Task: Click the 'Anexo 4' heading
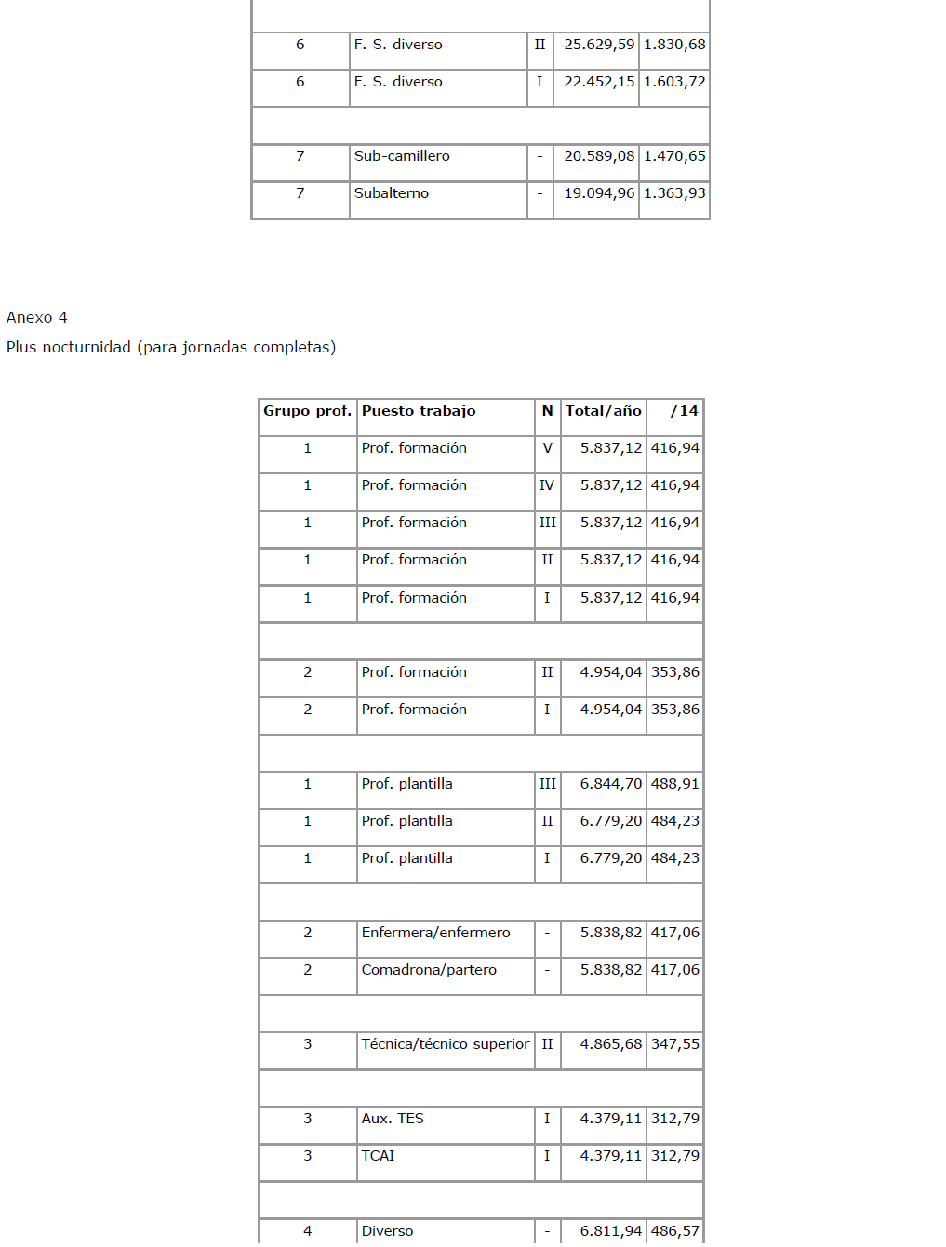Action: tap(36, 317)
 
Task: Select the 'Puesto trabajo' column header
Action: tap(419, 411)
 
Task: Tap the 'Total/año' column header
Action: tap(603, 411)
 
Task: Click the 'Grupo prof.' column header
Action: tap(307, 411)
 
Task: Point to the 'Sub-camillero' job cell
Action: tap(402, 156)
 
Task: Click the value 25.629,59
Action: tap(599, 45)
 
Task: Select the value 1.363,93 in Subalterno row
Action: tap(674, 193)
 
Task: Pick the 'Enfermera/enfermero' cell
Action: tap(435, 933)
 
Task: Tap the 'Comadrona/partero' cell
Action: tap(429, 970)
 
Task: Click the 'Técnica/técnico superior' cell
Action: tap(445, 1044)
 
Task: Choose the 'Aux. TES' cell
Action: tap(393, 1119)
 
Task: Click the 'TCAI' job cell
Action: tap(378, 1156)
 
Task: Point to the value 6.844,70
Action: tap(610, 784)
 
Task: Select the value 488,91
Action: tap(674, 784)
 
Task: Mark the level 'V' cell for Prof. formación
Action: tap(547, 448)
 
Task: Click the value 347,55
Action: tap(674, 1044)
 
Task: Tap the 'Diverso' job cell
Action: tap(387, 1231)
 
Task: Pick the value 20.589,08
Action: tap(599, 156)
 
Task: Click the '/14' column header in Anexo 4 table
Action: tap(684, 411)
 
